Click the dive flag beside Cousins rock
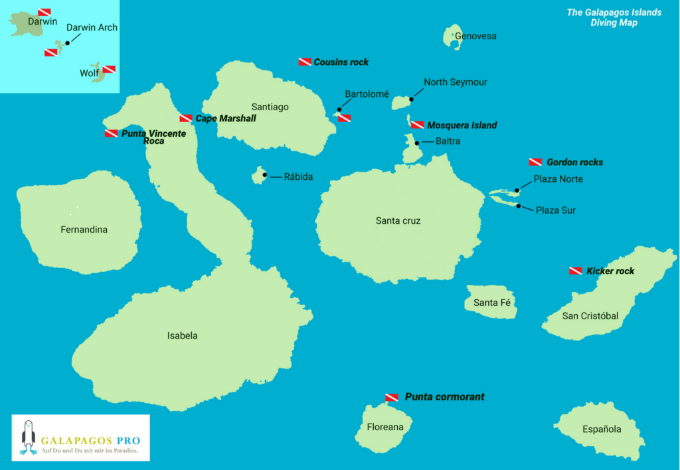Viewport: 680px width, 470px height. click(x=305, y=62)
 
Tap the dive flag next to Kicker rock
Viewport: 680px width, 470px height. click(x=576, y=271)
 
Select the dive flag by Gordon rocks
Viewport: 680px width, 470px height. click(x=535, y=162)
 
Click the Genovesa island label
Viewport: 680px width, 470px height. click(x=475, y=37)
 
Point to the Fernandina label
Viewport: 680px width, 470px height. click(x=84, y=230)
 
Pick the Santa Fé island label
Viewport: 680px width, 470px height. click(x=491, y=303)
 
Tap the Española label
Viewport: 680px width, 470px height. click(x=602, y=429)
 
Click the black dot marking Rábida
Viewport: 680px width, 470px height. click(x=264, y=175)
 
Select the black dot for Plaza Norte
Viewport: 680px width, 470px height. click(x=517, y=191)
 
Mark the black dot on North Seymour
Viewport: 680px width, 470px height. click(x=412, y=100)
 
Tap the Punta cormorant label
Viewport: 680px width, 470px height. click(x=444, y=397)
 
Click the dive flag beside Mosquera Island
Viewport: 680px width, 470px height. click(x=417, y=125)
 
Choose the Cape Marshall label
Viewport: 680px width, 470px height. click(x=225, y=118)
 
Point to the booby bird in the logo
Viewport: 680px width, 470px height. click(x=27, y=438)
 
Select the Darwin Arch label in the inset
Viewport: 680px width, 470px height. click(x=92, y=28)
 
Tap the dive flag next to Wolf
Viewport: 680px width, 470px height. click(x=109, y=69)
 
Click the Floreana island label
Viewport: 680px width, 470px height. click(x=385, y=427)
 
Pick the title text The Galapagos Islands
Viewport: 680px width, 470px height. click(x=614, y=13)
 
